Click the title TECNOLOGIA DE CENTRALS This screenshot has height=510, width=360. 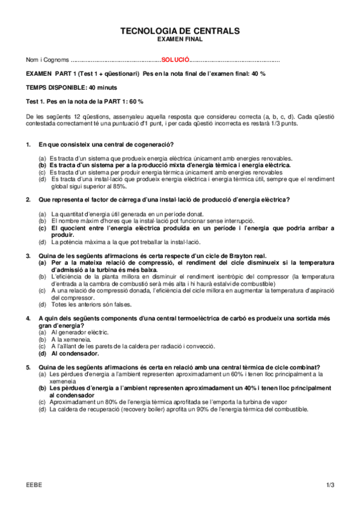180,31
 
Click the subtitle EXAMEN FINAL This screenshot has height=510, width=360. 180,39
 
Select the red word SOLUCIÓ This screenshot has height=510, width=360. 175,60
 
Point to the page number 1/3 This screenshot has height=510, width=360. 330,484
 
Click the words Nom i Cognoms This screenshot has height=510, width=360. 47,60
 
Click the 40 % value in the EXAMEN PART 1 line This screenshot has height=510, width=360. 259,73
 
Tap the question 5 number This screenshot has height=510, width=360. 29,367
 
